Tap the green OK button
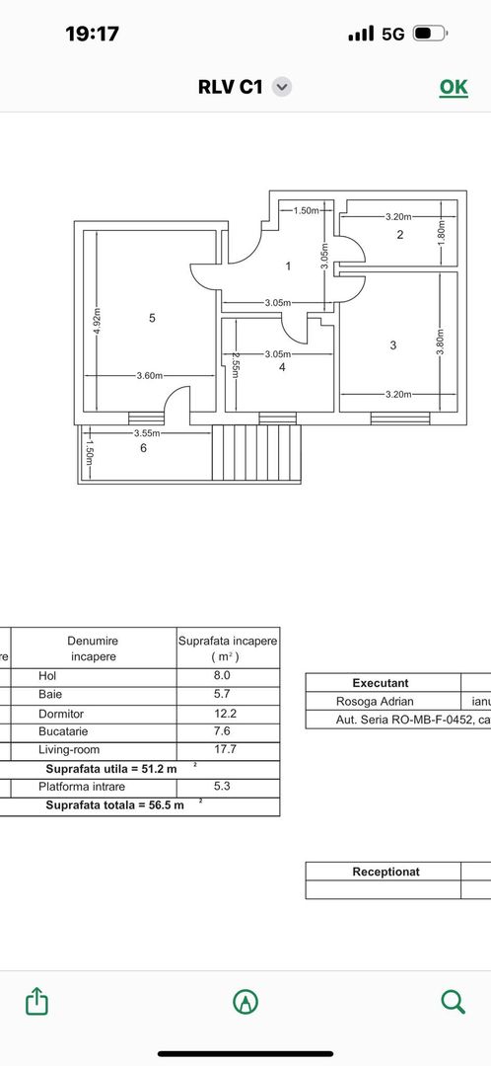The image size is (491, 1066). pyautogui.click(x=453, y=87)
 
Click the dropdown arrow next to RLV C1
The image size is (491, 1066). pyautogui.click(x=282, y=87)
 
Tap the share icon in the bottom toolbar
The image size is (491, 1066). pyautogui.click(x=36, y=1001)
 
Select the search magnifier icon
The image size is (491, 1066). pyautogui.click(x=453, y=1001)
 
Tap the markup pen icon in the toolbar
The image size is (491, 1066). pyautogui.click(x=245, y=1001)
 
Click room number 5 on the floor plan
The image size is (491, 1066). pyautogui.click(x=152, y=318)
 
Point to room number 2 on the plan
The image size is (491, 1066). pyautogui.click(x=399, y=235)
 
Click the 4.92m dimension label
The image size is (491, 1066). pyautogui.click(x=97, y=321)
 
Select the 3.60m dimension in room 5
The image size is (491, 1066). pyautogui.click(x=150, y=376)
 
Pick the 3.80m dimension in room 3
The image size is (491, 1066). pyautogui.click(x=441, y=342)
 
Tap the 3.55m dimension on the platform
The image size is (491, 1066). pyautogui.click(x=148, y=432)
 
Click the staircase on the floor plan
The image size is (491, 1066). pyautogui.click(x=256, y=452)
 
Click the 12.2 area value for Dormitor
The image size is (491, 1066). pyautogui.click(x=228, y=713)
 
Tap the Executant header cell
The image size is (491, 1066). pyautogui.click(x=381, y=683)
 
